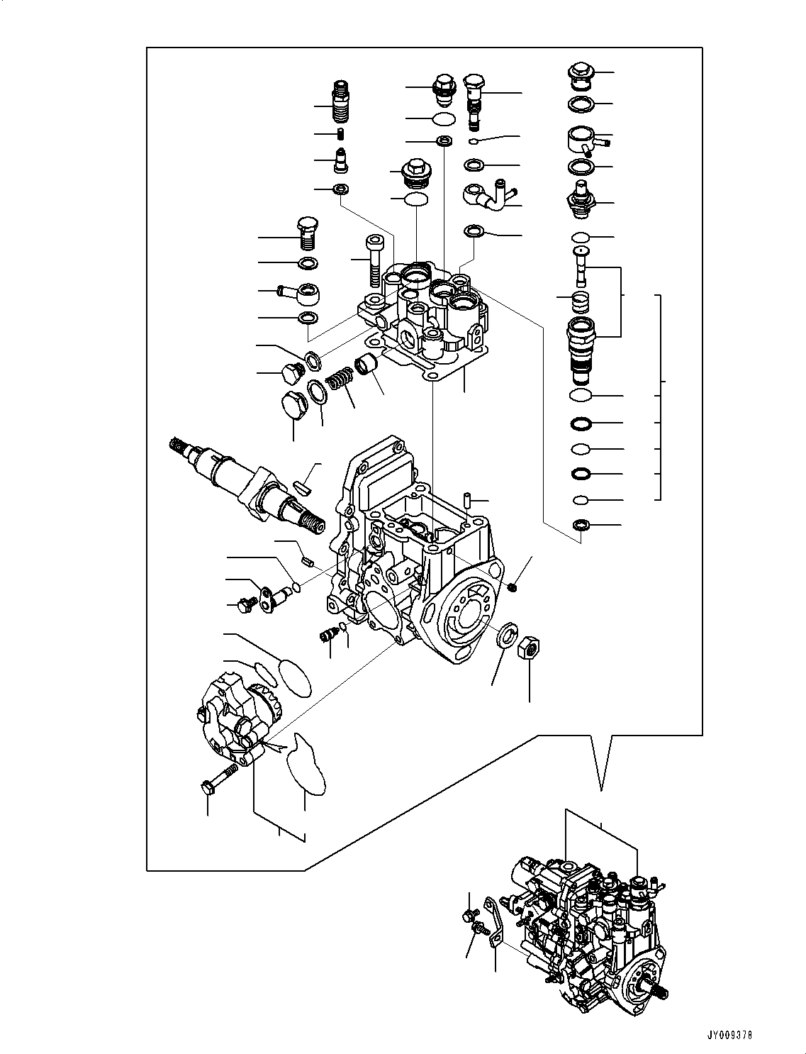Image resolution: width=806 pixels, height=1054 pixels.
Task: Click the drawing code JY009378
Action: click(727, 1035)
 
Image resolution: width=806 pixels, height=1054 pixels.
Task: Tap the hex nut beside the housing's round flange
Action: click(529, 648)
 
